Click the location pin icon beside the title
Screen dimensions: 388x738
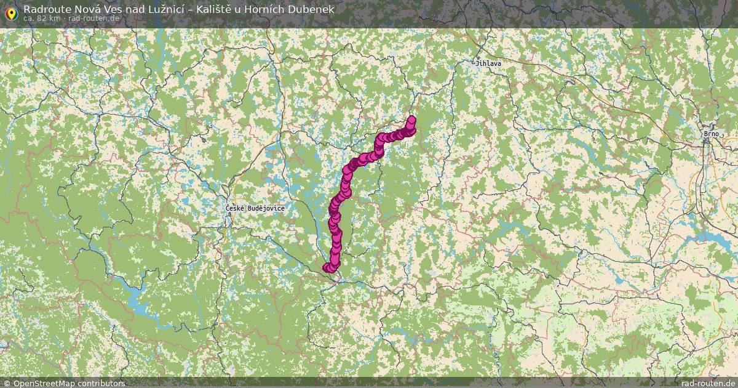[11, 12]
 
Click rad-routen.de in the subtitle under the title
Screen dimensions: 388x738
[93, 18]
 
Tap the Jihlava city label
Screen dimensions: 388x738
[488, 63]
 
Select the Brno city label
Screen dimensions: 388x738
[712, 133]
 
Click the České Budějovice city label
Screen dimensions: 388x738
[255, 209]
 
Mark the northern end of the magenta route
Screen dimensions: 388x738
[411, 120]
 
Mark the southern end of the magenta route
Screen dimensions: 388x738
[327, 267]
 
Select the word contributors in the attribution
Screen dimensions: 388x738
[103, 383]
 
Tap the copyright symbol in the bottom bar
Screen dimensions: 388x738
[7, 383]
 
